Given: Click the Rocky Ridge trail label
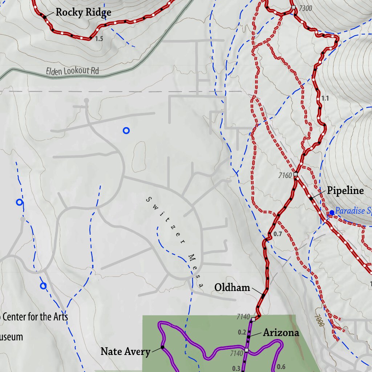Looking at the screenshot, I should pyautogui.click(x=83, y=13).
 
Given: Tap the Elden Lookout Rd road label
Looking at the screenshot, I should pyautogui.click(x=73, y=71).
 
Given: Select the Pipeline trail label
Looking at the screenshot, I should pyautogui.click(x=345, y=191).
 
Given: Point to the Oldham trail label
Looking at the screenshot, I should pyautogui.click(x=232, y=288).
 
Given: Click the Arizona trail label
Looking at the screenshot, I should pyautogui.click(x=281, y=332).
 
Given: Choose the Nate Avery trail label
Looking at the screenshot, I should pyautogui.click(x=125, y=352).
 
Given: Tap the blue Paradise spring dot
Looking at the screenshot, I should pyautogui.click(x=331, y=213).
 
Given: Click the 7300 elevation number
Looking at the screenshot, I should pyautogui.click(x=304, y=9).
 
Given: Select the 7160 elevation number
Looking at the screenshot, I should pyautogui.click(x=285, y=176).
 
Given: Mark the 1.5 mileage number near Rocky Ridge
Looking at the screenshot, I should pyautogui.click(x=99, y=39).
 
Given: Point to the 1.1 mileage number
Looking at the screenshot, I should pyautogui.click(x=325, y=98).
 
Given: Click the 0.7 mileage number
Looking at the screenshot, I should pyautogui.click(x=278, y=234).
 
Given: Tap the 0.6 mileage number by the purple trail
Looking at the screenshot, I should pyautogui.click(x=281, y=367).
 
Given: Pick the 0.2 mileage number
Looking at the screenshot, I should pyautogui.click(x=242, y=332).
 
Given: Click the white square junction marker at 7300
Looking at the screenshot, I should pyautogui.click(x=293, y=8).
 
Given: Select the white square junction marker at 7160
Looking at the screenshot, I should pyautogui.click(x=296, y=175).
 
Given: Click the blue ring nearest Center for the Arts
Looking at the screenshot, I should pyautogui.click(x=43, y=286).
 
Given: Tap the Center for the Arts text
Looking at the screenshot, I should pyautogui.click(x=35, y=317).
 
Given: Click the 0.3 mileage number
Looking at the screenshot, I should pyautogui.click(x=236, y=368).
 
